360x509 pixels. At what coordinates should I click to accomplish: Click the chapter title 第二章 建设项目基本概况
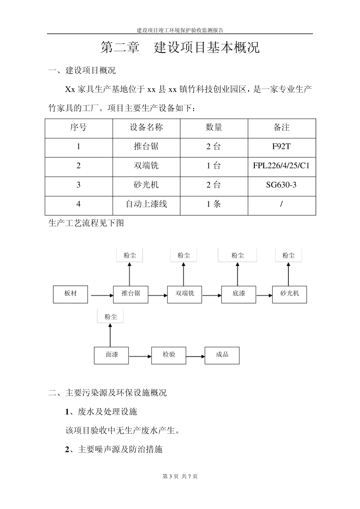(180, 48)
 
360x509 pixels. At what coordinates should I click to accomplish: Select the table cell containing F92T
(282, 147)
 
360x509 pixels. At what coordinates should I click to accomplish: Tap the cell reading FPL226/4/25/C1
(282, 166)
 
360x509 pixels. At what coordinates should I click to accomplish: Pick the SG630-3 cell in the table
(282, 185)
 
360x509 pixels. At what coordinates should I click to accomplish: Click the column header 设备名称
(146, 128)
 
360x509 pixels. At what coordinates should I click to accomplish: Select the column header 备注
(282, 128)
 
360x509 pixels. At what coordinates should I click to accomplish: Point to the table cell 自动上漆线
(146, 205)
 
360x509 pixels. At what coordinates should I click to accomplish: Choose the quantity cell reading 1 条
(214, 205)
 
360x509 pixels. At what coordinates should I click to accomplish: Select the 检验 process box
(169, 355)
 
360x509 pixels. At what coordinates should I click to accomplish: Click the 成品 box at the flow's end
(222, 355)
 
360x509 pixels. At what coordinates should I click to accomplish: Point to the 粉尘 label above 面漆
(110, 317)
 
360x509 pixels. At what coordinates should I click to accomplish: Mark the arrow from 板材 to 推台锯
(100, 295)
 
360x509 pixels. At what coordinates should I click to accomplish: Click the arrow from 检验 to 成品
(195, 356)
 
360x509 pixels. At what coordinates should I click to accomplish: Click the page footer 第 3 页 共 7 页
(180, 476)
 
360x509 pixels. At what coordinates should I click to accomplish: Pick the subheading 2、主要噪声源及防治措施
(114, 450)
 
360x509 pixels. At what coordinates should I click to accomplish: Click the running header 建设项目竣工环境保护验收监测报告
(180, 30)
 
